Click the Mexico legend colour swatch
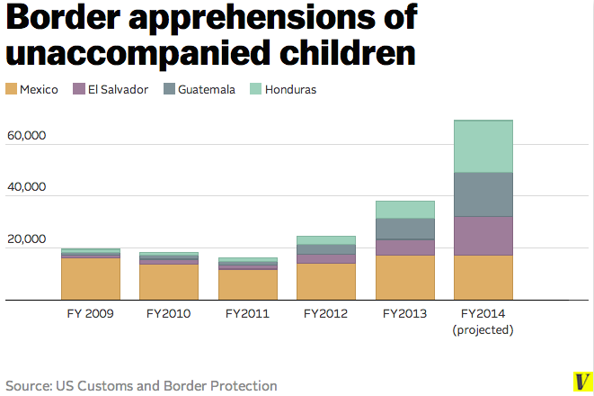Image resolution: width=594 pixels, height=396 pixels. point(11,89)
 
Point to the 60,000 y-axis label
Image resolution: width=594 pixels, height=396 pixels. point(25,136)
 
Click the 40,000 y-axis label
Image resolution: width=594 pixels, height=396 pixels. point(25,187)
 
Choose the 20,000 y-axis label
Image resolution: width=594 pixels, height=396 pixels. point(25,239)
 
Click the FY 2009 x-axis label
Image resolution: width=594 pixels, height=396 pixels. point(90,314)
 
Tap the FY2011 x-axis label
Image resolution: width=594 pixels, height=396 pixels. point(246,314)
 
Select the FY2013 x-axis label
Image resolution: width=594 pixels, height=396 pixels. point(404,314)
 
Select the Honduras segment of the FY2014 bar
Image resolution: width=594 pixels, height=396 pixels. point(483,146)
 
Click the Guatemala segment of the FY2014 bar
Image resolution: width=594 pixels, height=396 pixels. point(483,194)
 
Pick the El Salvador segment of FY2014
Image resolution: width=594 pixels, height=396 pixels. point(483,236)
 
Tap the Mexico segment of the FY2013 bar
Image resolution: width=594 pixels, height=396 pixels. point(404,277)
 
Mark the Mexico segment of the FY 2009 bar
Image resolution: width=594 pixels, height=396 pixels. point(90,279)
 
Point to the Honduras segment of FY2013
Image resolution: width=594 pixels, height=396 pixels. point(404,210)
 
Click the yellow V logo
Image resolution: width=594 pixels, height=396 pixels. point(581,381)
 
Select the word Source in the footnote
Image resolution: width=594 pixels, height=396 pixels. point(28,385)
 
